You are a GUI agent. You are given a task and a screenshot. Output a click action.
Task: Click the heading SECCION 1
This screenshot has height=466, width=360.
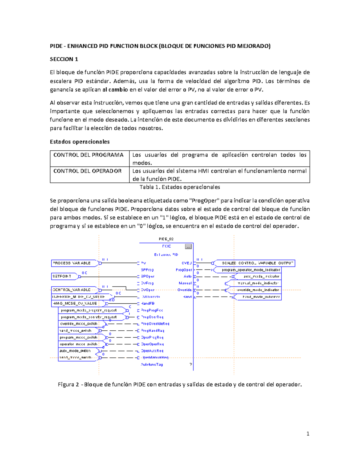click(64, 59)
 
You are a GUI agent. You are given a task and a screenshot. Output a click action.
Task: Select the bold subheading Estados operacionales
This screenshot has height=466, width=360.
click(79, 142)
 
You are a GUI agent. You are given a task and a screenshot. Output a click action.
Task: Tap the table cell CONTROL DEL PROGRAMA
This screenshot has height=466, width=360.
click(88, 155)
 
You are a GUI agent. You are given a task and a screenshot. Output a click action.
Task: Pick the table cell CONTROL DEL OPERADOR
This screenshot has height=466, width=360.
click(88, 171)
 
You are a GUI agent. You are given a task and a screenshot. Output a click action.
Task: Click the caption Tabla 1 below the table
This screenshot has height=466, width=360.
click(180, 187)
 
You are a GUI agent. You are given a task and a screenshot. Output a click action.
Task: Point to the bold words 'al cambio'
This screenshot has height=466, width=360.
click(115, 90)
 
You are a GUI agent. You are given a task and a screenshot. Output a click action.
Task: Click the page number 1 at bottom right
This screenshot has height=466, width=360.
click(308, 434)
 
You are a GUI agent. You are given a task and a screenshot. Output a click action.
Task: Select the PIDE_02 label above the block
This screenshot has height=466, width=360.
click(166, 239)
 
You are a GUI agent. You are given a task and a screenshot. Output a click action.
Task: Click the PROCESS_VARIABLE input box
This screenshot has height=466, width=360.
click(73, 263)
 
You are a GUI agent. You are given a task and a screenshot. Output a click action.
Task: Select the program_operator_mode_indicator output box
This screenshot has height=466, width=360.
click(251, 270)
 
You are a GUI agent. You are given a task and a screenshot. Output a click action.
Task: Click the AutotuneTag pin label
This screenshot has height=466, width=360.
click(152, 365)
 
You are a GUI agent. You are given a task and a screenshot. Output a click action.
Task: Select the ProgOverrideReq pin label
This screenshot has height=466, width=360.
click(155, 324)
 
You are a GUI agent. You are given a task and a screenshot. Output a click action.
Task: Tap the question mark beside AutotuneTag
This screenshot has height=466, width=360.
click(190, 364)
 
